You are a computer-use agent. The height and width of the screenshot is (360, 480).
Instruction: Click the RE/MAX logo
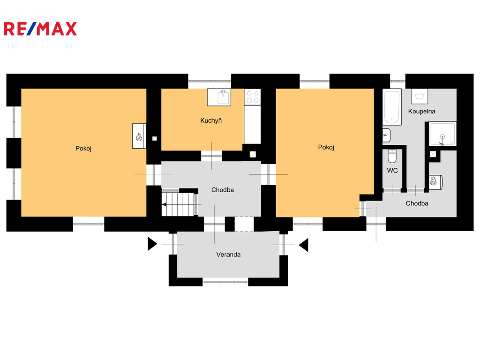tap(40, 29)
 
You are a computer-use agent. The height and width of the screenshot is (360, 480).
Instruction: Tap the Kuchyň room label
tap(211, 120)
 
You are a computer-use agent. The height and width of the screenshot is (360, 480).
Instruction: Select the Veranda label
tap(228, 255)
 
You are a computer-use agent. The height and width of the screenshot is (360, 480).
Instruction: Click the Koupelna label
tap(421, 111)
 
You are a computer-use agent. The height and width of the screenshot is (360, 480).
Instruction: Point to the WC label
tap(392, 171)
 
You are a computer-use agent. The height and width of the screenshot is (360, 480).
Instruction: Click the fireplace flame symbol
tap(139, 136)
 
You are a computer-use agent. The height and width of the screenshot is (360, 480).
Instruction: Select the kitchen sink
tap(219, 97)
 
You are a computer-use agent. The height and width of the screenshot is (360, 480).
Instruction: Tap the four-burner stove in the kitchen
tap(253, 97)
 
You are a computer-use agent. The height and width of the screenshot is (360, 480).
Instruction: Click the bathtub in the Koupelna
tap(392, 107)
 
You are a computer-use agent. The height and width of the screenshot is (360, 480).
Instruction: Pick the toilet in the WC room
tap(392, 156)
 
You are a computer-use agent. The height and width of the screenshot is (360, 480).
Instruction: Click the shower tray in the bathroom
tap(442, 134)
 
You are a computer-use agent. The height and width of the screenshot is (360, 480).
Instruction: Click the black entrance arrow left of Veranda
tap(152, 244)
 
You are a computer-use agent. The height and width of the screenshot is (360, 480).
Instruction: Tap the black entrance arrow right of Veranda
tap(304, 245)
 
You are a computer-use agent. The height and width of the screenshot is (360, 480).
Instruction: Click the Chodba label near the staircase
tap(223, 190)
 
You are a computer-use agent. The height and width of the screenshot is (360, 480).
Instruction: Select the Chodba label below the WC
tap(417, 203)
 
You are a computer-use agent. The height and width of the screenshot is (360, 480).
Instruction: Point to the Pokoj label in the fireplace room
tap(83, 149)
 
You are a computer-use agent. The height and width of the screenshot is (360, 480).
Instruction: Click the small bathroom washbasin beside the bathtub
tap(387, 135)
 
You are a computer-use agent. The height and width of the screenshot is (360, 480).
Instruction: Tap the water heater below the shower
tap(436, 181)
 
